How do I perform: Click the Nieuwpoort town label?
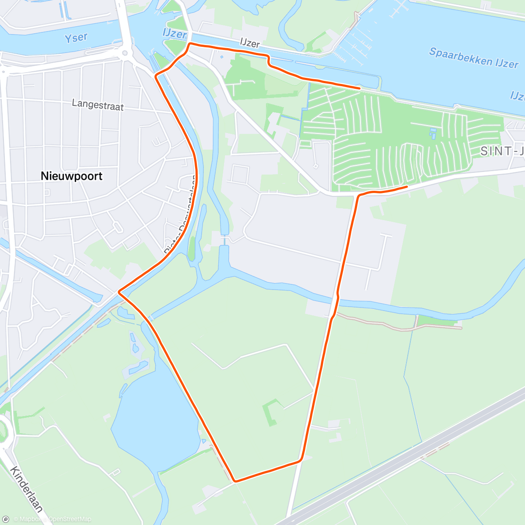(x=71, y=176)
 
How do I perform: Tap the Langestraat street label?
(x=98, y=105)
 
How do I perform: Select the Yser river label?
(x=76, y=38)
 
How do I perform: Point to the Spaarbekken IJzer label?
(x=473, y=58)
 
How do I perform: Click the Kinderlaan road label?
(x=27, y=489)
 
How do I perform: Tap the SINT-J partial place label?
(x=502, y=151)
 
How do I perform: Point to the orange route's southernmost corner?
(x=235, y=481)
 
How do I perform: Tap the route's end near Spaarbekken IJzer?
(x=360, y=88)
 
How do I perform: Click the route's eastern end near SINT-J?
(x=407, y=187)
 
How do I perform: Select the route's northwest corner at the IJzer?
(x=190, y=44)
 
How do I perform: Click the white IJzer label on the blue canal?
(x=175, y=34)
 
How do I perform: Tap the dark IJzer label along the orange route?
(x=250, y=43)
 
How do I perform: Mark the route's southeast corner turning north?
(x=301, y=460)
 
